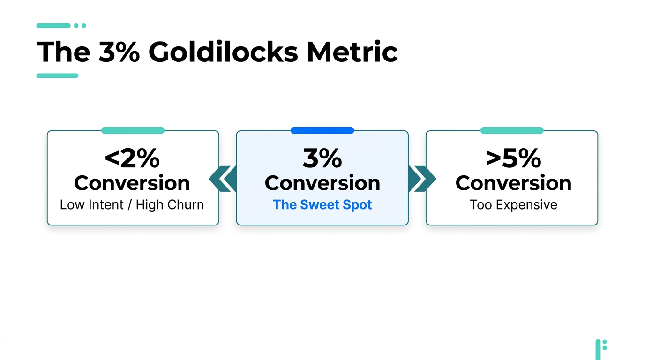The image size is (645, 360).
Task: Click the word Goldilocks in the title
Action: click(223, 52)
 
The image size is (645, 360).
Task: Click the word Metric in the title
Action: click(352, 52)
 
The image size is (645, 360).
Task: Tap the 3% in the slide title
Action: click(119, 52)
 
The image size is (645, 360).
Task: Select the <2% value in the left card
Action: click(132, 158)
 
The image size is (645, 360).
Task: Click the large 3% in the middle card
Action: click(322, 158)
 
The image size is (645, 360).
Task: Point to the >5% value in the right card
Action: click(513, 158)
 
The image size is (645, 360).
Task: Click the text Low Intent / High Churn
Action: click(132, 205)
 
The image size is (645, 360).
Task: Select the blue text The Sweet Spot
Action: click(322, 205)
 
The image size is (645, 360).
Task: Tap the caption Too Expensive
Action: click(513, 205)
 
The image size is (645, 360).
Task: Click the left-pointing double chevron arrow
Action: click(222, 179)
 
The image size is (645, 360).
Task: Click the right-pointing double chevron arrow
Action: click(422, 179)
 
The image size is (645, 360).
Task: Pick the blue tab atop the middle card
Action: click(322, 130)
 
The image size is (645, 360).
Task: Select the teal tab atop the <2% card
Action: click(133, 130)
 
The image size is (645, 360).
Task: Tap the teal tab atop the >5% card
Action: click(511, 130)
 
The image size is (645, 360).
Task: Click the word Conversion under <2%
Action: click(132, 183)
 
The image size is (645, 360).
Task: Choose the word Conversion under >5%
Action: click(513, 183)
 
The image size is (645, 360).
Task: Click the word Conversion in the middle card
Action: click(322, 183)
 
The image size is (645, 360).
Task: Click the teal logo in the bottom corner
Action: click(600, 349)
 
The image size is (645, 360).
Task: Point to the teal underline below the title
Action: click(57, 75)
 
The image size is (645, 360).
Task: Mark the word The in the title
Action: click(63, 52)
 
